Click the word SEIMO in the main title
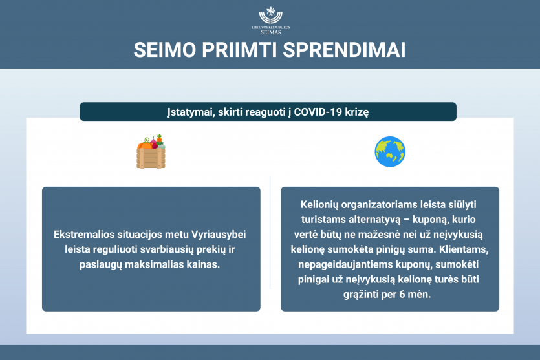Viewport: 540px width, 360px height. pyautogui.click(x=165, y=50)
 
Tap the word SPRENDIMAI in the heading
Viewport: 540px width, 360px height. pyautogui.click(x=344, y=50)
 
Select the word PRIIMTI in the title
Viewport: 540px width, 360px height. pyautogui.click(x=239, y=50)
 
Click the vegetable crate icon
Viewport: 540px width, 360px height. pyautogui.click(x=151, y=151)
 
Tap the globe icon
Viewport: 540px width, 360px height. pyautogui.click(x=390, y=152)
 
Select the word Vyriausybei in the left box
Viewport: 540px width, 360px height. pyautogui.click(x=219, y=235)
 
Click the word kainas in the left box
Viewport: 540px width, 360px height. pyautogui.click(x=203, y=264)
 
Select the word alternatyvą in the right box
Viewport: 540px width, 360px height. pyautogui.click(x=374, y=220)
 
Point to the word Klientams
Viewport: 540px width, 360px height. pyautogui.click(x=464, y=249)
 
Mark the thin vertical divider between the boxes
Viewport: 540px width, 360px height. pyautogui.click(x=270, y=232)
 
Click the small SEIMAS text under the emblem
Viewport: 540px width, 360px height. pyautogui.click(x=271, y=32)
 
